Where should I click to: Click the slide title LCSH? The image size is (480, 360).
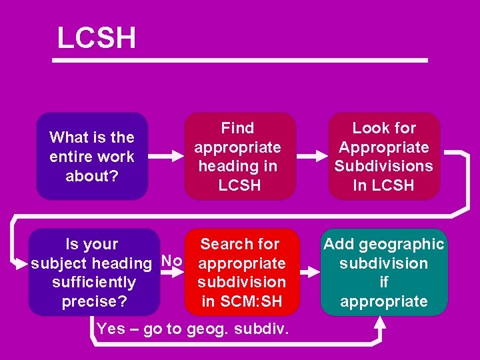(x=97, y=38)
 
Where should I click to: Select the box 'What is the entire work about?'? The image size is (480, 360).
(x=92, y=157)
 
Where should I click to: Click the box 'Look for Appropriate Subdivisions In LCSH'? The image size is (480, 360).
(x=384, y=157)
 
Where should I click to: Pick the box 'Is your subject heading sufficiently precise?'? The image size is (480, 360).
(x=94, y=272)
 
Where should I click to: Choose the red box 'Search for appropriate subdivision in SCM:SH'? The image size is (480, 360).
(x=242, y=272)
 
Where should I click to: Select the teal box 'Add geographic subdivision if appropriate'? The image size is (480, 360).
(x=384, y=272)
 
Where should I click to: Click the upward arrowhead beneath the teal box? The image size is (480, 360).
(x=379, y=323)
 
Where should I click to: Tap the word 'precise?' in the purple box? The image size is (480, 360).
(x=94, y=301)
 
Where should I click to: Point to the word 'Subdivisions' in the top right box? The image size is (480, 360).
(x=384, y=166)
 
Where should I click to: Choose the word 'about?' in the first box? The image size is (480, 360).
(x=92, y=176)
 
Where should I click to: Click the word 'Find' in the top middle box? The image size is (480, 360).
(x=238, y=128)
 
